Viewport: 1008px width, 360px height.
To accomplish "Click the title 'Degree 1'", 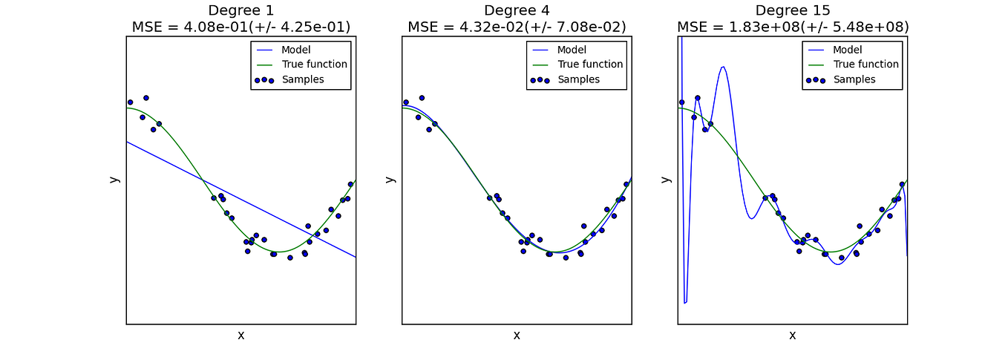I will click(240, 10).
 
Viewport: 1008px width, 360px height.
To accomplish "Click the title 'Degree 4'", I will click(517, 10).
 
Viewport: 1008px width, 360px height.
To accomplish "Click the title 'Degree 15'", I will click(792, 10).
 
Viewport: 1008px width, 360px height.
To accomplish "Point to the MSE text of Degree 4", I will click(517, 27).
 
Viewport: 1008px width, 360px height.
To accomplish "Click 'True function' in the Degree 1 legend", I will click(314, 65).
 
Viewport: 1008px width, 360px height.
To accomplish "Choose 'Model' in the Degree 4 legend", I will click(572, 50).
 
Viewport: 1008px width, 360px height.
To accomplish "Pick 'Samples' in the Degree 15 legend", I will click(854, 79).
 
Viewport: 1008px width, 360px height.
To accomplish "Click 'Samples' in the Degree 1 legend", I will click(302, 79).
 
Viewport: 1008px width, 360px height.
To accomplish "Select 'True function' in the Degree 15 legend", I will click(865, 65).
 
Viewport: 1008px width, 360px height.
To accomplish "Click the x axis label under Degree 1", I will click(240, 336).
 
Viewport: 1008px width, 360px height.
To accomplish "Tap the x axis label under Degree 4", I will click(517, 336).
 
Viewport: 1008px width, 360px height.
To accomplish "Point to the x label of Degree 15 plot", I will click(792, 336).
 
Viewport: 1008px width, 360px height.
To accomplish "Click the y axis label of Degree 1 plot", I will click(114, 179).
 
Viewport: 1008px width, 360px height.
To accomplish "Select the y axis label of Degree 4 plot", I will click(390, 179).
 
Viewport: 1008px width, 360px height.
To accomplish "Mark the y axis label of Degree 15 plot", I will click(666, 179).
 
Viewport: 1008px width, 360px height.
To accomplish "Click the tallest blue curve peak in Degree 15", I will click(723, 68).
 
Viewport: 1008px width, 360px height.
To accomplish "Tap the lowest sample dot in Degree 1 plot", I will click(290, 258).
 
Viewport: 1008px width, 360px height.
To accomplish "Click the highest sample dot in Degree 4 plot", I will click(422, 98).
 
